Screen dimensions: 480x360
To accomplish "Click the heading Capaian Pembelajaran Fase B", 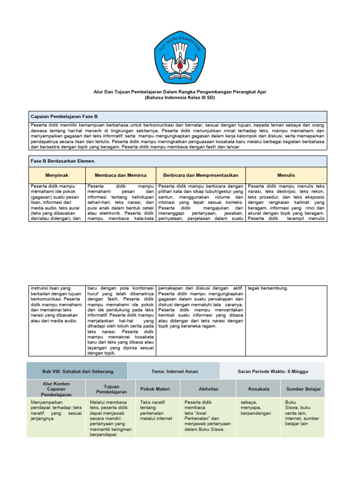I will [64, 116].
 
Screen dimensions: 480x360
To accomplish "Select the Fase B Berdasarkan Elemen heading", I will [63, 161].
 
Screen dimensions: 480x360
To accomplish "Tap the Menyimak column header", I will [57, 175].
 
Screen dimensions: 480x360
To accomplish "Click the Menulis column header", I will [286, 175].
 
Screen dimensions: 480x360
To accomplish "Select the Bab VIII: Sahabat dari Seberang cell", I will [77, 371].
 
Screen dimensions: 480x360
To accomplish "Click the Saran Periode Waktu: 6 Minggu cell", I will [273, 371].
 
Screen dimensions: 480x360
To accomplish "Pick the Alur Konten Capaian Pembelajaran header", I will [56, 389].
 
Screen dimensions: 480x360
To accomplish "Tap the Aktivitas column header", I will [208, 389].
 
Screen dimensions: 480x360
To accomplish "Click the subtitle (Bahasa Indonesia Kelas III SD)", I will [180, 98].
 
